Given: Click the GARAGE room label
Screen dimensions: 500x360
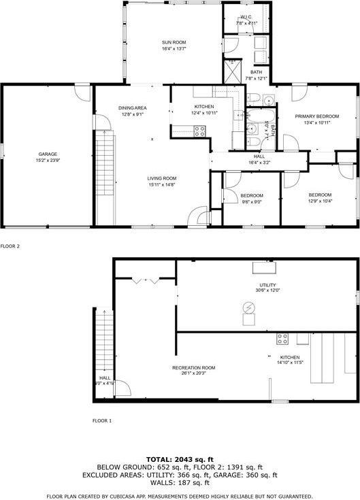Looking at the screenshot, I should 48,154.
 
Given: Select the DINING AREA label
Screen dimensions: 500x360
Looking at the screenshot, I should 133,107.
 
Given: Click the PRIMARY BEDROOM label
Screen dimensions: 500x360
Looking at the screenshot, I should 316,116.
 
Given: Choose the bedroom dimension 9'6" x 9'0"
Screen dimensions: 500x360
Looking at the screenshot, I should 251,201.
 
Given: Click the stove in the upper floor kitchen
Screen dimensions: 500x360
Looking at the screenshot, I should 200,132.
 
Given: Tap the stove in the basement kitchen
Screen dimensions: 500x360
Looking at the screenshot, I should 282,339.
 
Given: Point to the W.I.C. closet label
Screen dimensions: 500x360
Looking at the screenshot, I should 246,17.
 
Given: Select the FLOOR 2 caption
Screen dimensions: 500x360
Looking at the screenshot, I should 10,246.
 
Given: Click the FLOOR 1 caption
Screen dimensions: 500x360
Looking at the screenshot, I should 102,421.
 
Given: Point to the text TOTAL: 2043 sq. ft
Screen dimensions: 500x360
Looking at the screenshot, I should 180,459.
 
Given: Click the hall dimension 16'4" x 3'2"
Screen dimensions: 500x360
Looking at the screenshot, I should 259,163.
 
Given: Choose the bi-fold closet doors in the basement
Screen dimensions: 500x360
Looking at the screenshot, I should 146,280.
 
